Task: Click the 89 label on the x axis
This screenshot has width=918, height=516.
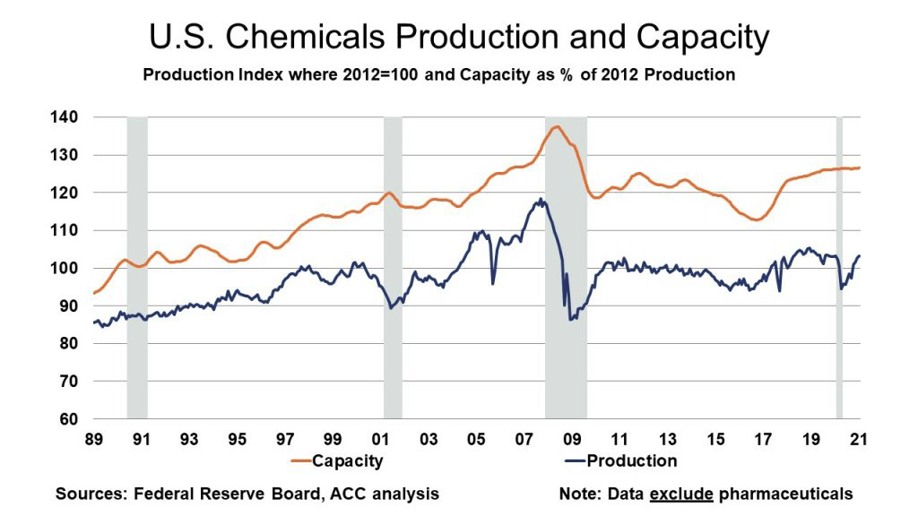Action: (x=92, y=440)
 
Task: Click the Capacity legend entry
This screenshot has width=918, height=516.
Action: (x=346, y=461)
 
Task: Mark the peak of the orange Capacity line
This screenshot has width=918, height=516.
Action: (x=556, y=126)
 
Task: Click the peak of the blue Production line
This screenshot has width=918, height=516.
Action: (x=541, y=199)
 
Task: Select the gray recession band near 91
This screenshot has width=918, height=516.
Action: (x=137, y=269)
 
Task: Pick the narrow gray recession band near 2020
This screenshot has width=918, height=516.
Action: (x=840, y=269)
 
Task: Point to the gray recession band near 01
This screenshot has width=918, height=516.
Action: (x=393, y=269)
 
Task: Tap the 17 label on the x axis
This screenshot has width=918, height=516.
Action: (x=763, y=440)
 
